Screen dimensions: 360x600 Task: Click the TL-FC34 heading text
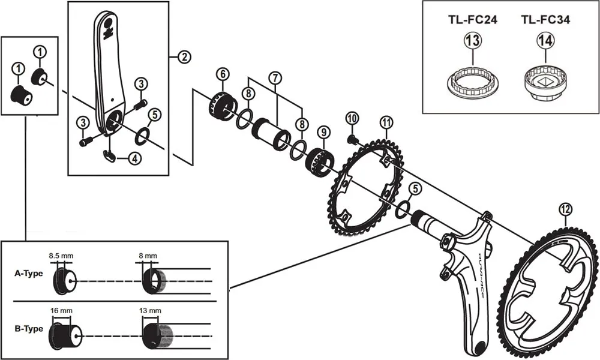[545, 20]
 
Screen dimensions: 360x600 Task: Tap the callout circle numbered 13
[471, 41]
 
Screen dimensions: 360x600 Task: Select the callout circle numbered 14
[545, 41]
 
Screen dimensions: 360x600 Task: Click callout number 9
[323, 131]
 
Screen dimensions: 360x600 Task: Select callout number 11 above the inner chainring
[387, 122]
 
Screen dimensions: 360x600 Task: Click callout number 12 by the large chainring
[565, 209]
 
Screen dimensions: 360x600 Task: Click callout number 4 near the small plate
[134, 159]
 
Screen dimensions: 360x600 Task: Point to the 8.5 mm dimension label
[62, 254]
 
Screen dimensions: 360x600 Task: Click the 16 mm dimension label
[62, 310]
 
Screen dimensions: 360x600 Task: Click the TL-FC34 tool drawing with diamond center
[545, 85]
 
